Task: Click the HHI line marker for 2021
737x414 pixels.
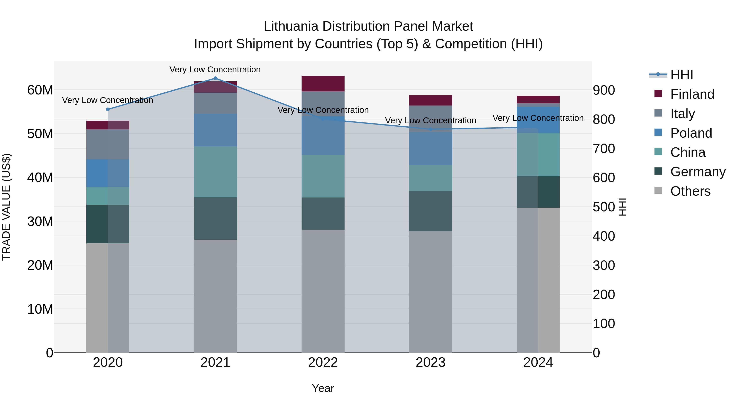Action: [x=215, y=78]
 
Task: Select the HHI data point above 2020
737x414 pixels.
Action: [x=108, y=109]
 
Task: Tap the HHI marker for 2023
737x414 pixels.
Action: [x=431, y=129]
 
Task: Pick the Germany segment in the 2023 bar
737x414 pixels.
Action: [x=430, y=211]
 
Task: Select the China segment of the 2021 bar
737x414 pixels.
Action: [x=215, y=172]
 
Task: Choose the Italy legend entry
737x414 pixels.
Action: [x=682, y=114]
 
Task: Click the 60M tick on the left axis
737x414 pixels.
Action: [x=40, y=90]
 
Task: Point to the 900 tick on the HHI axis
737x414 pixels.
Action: [x=604, y=90]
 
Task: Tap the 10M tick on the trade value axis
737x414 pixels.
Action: [x=40, y=309]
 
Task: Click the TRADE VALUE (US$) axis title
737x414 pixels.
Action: [x=6, y=207]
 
